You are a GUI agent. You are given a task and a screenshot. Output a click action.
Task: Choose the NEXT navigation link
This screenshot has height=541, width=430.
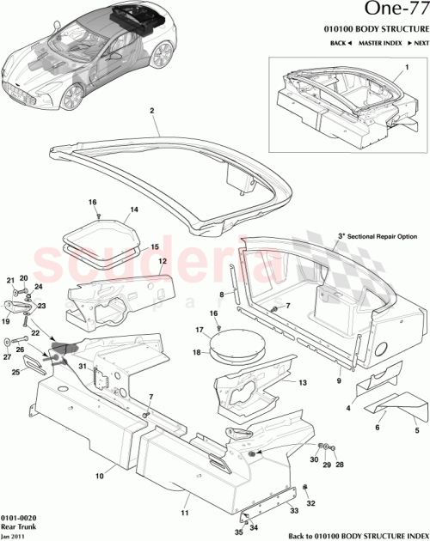(418, 42)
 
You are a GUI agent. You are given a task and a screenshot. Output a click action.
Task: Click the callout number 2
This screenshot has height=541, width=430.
(152, 111)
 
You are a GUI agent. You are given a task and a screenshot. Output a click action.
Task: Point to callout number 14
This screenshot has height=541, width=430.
(134, 209)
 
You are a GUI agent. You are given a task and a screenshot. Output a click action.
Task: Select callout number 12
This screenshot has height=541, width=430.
(161, 260)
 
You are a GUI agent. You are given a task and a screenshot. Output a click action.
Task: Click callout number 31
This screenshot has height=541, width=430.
(83, 368)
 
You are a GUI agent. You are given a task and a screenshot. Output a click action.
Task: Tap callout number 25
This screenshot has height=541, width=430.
(16, 372)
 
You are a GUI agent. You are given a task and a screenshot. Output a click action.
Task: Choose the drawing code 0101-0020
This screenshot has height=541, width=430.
(18, 519)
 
